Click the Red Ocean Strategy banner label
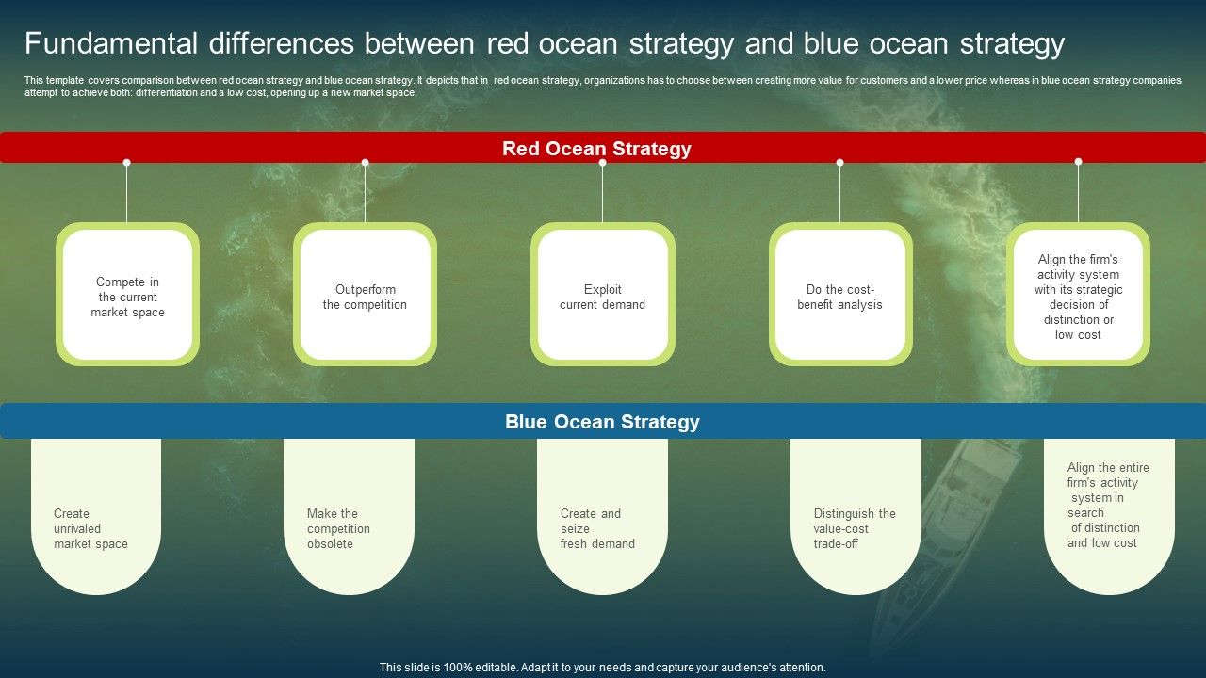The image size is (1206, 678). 596,149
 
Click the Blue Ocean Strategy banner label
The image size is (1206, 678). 602,422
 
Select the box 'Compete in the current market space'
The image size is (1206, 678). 127,296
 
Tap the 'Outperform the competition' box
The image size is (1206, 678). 365,296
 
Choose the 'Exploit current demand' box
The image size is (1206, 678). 602,296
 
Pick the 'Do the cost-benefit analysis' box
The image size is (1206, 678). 839,296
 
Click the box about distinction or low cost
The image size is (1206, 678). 1078,296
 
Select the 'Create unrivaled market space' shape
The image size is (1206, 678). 95,527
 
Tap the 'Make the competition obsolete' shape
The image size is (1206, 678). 349,527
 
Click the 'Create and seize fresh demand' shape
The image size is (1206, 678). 602,527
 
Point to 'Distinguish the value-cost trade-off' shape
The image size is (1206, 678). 856,527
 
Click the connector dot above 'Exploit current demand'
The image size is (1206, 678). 602,163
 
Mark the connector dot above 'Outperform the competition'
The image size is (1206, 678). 365,163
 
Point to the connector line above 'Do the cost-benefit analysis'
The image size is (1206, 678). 839,193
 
